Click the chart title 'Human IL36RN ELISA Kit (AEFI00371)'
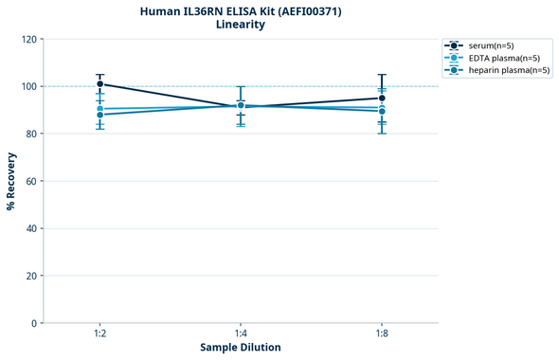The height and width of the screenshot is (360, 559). (x=241, y=10)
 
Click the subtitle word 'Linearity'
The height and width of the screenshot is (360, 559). (x=241, y=25)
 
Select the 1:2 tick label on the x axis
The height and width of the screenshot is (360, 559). (x=99, y=334)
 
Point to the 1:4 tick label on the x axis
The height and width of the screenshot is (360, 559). (x=241, y=334)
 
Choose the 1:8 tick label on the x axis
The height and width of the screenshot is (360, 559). (x=382, y=334)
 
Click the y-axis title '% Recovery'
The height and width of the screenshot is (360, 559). (x=11, y=181)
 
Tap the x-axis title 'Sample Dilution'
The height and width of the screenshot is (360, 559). (x=241, y=348)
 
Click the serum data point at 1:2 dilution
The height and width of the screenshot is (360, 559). (x=99, y=84)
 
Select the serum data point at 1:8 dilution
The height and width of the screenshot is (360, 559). (x=382, y=98)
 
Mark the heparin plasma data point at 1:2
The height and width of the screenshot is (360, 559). (x=99, y=115)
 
